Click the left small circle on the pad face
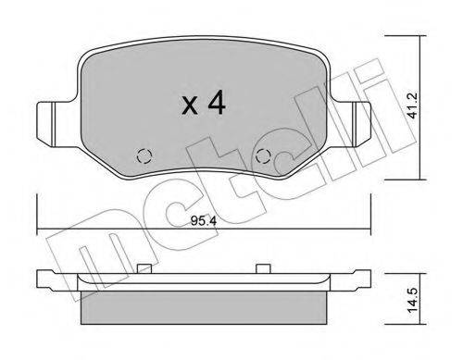[x=144, y=156]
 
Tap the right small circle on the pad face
[x=264, y=156]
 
